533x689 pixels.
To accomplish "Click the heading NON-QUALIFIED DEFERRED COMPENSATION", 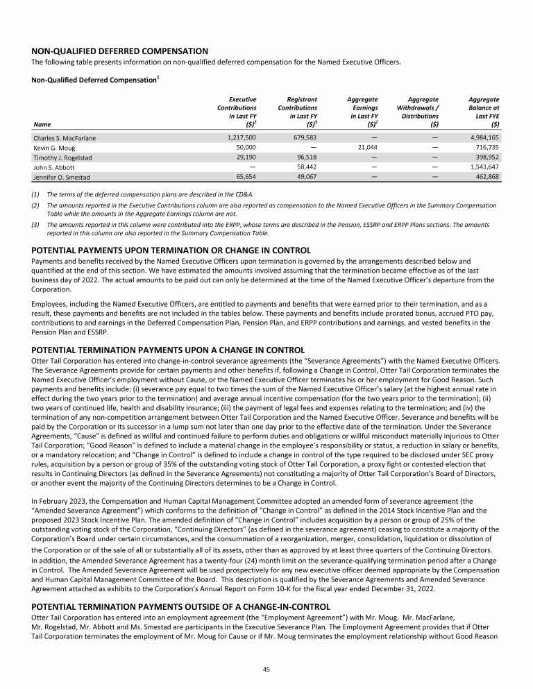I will (120, 51).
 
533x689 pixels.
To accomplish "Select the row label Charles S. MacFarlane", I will (65, 138).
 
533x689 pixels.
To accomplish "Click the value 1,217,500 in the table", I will (242, 138).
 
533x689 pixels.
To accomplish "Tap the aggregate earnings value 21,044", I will (363, 148).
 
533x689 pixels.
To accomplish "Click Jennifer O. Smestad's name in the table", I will (62, 178).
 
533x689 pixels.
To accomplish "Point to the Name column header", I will (41, 126).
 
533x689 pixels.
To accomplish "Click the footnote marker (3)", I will (37, 224).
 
